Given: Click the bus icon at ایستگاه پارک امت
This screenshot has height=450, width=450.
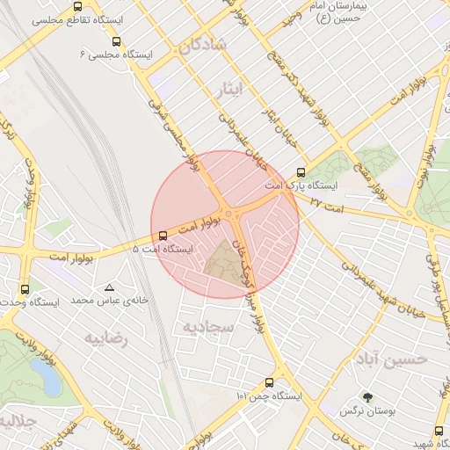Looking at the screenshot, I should click(x=301, y=173).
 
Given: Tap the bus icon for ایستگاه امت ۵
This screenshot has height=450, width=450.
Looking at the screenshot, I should click(x=163, y=235).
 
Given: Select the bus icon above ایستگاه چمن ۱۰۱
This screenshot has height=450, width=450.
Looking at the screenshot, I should click(x=269, y=382).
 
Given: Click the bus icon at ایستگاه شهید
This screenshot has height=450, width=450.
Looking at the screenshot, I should click(x=439, y=431).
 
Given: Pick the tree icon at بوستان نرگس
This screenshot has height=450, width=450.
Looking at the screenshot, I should click(x=367, y=396).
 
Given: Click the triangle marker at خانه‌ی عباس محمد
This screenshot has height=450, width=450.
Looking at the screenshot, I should click(x=110, y=287).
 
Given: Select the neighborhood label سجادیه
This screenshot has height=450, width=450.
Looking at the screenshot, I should click(x=207, y=327).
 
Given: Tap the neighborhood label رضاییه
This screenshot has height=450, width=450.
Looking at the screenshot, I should click(x=106, y=337).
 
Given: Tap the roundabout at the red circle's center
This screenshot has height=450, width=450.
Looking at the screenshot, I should click(x=228, y=214).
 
